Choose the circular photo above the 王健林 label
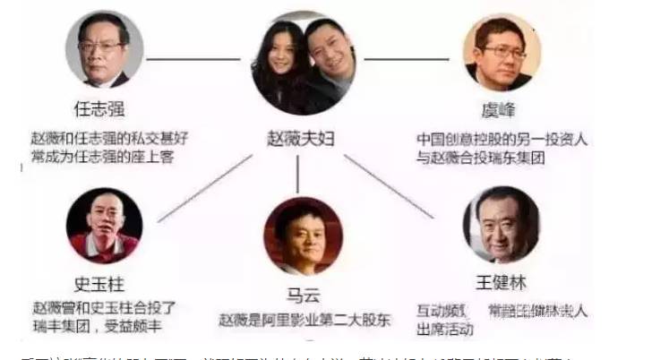500,225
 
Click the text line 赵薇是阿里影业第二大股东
302,319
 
